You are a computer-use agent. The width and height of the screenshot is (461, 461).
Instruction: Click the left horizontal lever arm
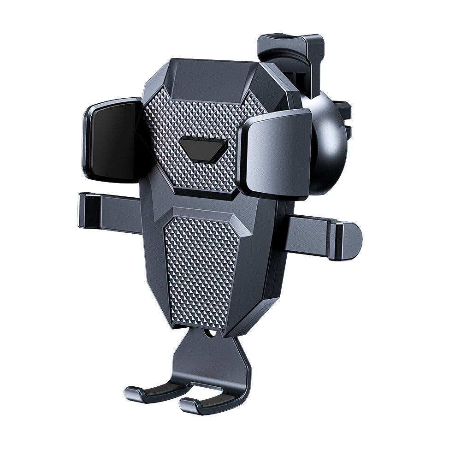coord(111,212)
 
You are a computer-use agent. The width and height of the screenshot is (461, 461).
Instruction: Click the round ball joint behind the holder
coord(328,143)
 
